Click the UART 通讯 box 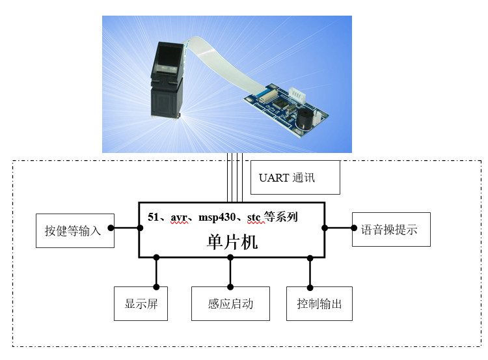pos(295,178)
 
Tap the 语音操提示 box pos(390,229)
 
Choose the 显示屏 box pos(141,303)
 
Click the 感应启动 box pos(230,303)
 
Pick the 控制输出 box pos(319,303)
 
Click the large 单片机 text pos(232,242)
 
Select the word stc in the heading pos(256,217)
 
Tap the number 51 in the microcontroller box pos(154,217)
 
